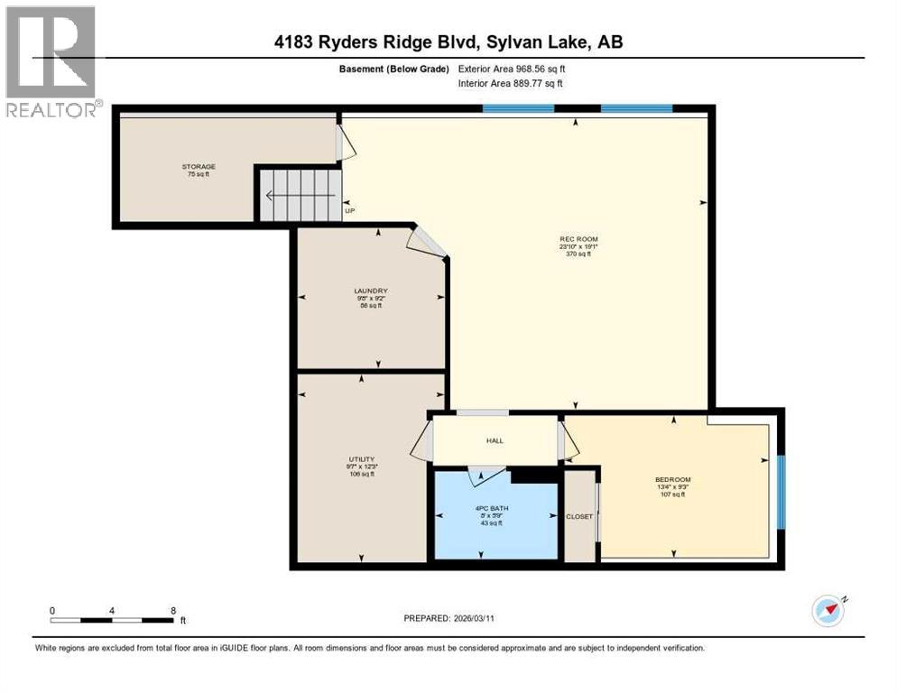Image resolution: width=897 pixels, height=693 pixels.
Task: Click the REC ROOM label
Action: (578, 239)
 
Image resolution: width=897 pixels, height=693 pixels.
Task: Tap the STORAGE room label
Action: (198, 167)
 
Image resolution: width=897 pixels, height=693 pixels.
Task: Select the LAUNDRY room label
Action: (370, 291)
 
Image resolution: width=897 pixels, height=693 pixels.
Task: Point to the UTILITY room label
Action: (362, 458)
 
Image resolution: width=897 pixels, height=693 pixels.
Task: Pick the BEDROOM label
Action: (672, 479)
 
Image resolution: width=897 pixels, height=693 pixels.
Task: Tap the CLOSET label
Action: (579, 516)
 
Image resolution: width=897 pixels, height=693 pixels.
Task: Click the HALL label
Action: (495, 440)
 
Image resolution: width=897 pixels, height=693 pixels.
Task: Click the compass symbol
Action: (828, 611)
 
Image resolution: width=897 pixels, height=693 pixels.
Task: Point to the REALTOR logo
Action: (51, 61)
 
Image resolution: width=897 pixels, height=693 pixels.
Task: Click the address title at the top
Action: (448, 42)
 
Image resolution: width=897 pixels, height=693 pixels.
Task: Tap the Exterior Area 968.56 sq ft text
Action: (511, 69)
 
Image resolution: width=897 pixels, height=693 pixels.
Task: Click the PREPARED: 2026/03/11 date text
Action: (448, 618)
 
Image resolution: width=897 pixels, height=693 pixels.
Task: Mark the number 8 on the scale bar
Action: (172, 610)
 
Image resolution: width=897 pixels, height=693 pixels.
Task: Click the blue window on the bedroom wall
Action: (781, 492)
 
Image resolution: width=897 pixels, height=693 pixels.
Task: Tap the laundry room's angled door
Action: (423, 241)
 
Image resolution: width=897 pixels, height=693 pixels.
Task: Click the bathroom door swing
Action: (485, 476)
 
